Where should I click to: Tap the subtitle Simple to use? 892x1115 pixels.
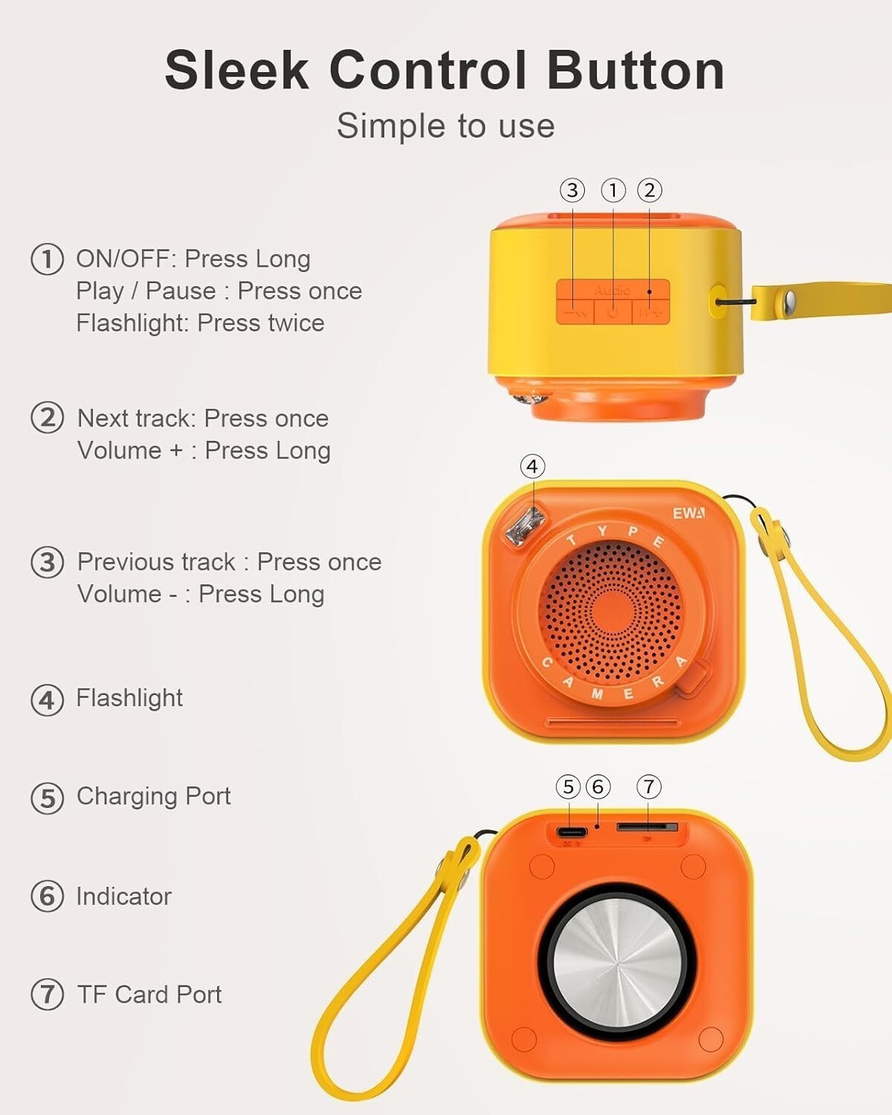point(446,126)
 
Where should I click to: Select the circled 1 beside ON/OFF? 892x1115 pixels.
point(47,259)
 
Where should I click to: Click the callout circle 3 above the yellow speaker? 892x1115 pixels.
point(572,190)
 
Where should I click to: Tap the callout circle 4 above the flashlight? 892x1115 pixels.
point(532,466)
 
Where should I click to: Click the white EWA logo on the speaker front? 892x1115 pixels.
point(689,513)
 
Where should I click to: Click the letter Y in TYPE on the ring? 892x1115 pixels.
point(602,531)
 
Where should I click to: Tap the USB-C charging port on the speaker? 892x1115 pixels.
point(571,833)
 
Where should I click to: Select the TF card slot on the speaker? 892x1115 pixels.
point(647,827)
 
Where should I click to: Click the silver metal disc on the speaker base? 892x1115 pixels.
point(618,962)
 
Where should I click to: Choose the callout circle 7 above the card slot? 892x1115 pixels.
point(649,786)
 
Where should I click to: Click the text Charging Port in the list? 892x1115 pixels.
point(153,796)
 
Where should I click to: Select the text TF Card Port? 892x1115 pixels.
point(149,995)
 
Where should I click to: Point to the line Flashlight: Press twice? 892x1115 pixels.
point(200,323)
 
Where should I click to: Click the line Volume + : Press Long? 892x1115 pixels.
point(204,450)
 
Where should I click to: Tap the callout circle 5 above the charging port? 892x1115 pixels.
point(569,786)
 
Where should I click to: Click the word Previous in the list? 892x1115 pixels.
point(156,562)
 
